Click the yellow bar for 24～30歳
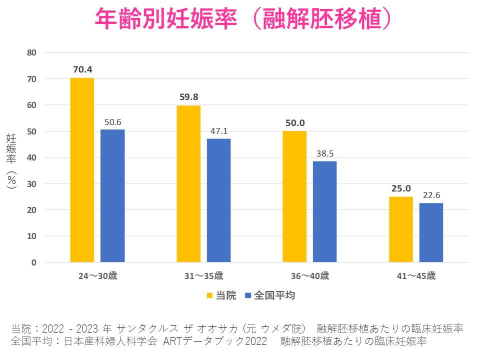(82, 170)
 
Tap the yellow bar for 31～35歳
(188, 184)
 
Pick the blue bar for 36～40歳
(325, 211)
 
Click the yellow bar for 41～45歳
(401, 229)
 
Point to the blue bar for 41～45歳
(431, 232)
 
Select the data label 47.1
(219, 131)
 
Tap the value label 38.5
(325, 153)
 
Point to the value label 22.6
(431, 195)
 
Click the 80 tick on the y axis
(32, 52)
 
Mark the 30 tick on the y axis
(32, 183)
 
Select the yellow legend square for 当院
(209, 295)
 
